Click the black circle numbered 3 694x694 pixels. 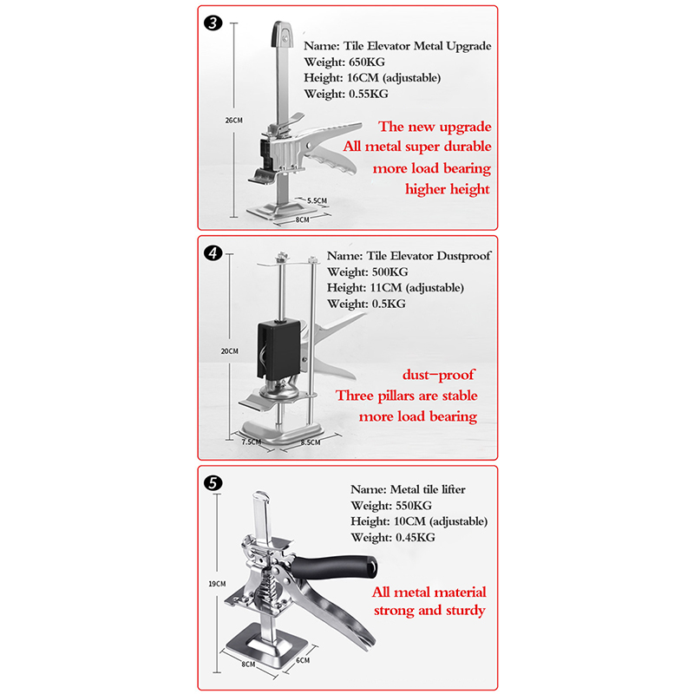coord(213,23)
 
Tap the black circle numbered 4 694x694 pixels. coord(213,253)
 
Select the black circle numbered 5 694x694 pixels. coord(213,483)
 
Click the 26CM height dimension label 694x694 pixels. coord(233,120)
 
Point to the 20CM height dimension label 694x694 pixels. coord(230,351)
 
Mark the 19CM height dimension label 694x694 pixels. coord(217,584)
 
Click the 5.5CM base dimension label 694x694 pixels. coord(317,200)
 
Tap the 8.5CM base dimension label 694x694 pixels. coord(311,442)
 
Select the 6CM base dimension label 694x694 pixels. coord(303,660)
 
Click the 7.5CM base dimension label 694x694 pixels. coord(252,442)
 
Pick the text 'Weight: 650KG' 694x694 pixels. coord(344,62)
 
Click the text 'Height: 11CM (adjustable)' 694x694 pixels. coord(396,288)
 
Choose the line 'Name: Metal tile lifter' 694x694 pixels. coord(408,489)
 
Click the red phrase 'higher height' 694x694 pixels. coord(448,189)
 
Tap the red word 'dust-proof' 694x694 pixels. coord(438,375)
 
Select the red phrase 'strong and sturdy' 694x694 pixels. coord(429,611)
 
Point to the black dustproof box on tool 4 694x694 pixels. coord(278,350)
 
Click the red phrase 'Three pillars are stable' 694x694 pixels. coord(406,396)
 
